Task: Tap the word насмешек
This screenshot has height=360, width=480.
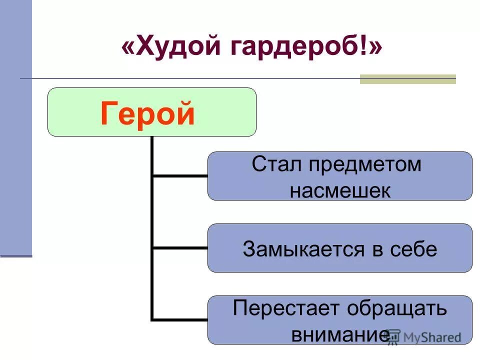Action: click(340, 191)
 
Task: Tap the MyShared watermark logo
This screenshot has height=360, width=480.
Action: click(425, 337)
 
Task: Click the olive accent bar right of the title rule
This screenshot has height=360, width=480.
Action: click(408, 79)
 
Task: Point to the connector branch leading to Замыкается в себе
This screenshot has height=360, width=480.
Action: click(179, 247)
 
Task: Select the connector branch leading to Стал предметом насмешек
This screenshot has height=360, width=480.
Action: click(179, 175)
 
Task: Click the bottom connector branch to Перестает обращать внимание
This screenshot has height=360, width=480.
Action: click(179, 319)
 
